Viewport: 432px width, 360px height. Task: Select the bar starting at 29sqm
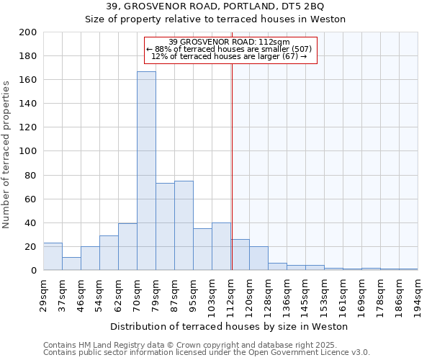(x=53, y=256)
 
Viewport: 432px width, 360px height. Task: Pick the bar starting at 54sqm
(x=109, y=253)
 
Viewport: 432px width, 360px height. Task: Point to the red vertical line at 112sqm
(x=232, y=180)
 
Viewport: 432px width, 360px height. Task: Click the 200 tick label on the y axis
(x=28, y=32)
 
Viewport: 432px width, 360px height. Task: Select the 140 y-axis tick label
(x=28, y=104)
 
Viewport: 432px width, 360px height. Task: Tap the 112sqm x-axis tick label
(x=230, y=293)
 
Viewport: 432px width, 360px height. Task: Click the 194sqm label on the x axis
(x=418, y=293)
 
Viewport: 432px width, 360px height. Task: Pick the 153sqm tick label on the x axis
(x=324, y=293)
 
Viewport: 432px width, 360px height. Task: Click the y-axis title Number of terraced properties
(x=6, y=154)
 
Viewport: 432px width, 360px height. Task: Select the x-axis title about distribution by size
(x=230, y=327)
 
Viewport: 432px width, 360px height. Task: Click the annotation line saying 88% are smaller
(x=230, y=49)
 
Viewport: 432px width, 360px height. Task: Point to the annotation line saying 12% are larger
(x=230, y=56)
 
